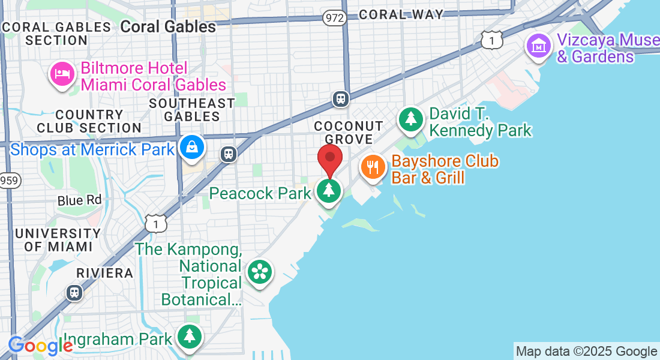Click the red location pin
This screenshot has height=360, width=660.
[329, 158]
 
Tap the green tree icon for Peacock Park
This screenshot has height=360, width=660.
[329, 191]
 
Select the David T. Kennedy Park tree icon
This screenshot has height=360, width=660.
[411, 119]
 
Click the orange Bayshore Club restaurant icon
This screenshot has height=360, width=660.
[373, 166]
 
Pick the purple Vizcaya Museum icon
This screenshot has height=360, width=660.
[539, 46]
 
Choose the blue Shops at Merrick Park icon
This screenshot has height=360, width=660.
[192, 147]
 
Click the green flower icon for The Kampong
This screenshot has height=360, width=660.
[259, 271]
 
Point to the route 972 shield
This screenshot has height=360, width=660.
[335, 17]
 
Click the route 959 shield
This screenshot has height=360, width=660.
[8, 179]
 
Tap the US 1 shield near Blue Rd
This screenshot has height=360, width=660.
[155, 224]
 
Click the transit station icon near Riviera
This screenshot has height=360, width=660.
[74, 292]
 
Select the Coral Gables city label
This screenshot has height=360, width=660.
[168, 26]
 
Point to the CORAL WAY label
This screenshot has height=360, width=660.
[401, 14]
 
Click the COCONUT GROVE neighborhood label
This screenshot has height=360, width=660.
[349, 132]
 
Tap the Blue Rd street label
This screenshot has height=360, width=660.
[80, 200]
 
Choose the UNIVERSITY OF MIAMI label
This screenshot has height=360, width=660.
[58, 239]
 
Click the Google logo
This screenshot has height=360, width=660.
[40, 345]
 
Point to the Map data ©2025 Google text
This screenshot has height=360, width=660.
[586, 352]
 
